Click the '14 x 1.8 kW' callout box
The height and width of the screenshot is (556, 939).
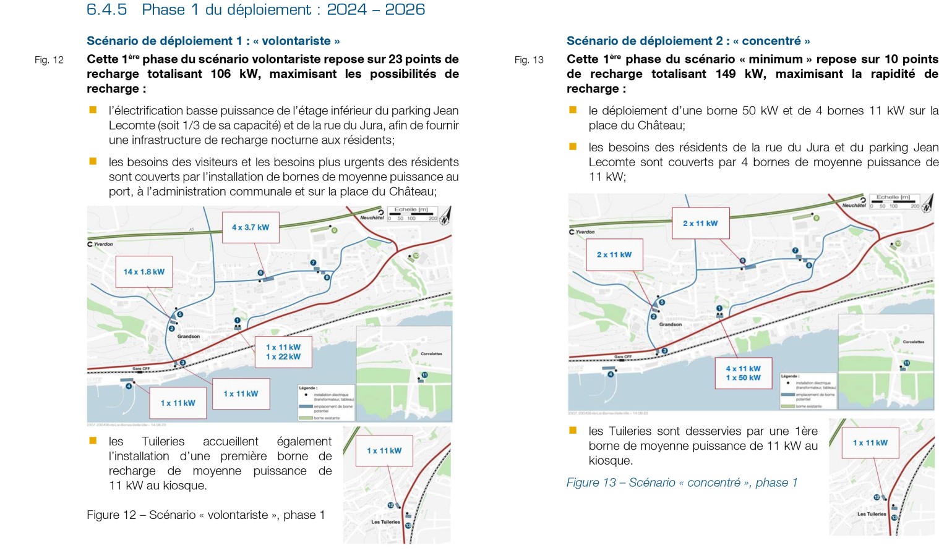pos(144,272)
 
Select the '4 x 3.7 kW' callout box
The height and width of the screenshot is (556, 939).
pos(251,227)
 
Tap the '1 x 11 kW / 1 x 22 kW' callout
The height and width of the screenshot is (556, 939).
pos(283,352)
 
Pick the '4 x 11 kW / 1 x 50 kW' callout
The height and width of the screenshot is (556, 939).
pos(744,373)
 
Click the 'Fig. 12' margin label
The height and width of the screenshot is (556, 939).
pos(49,60)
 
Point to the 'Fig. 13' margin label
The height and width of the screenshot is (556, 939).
pos(529,60)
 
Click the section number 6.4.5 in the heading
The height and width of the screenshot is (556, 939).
pos(106,10)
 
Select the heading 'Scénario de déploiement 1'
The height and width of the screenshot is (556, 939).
pos(213,41)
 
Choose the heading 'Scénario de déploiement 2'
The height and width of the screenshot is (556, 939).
pos(688,41)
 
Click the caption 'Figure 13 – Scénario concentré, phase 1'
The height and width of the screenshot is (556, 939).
pos(682,482)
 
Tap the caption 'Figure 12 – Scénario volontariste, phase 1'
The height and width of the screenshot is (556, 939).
pos(205,515)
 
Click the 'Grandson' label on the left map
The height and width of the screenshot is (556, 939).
pos(189,337)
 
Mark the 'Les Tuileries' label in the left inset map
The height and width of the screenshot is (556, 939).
pos(385,522)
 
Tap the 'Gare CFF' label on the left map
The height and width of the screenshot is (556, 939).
pos(141,369)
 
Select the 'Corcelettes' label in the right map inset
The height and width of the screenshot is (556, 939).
pos(913,342)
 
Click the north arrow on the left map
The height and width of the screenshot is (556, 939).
pos(445,214)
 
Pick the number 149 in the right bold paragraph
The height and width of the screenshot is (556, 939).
pos(726,74)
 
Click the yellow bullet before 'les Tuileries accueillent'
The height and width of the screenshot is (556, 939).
pos(93,441)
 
